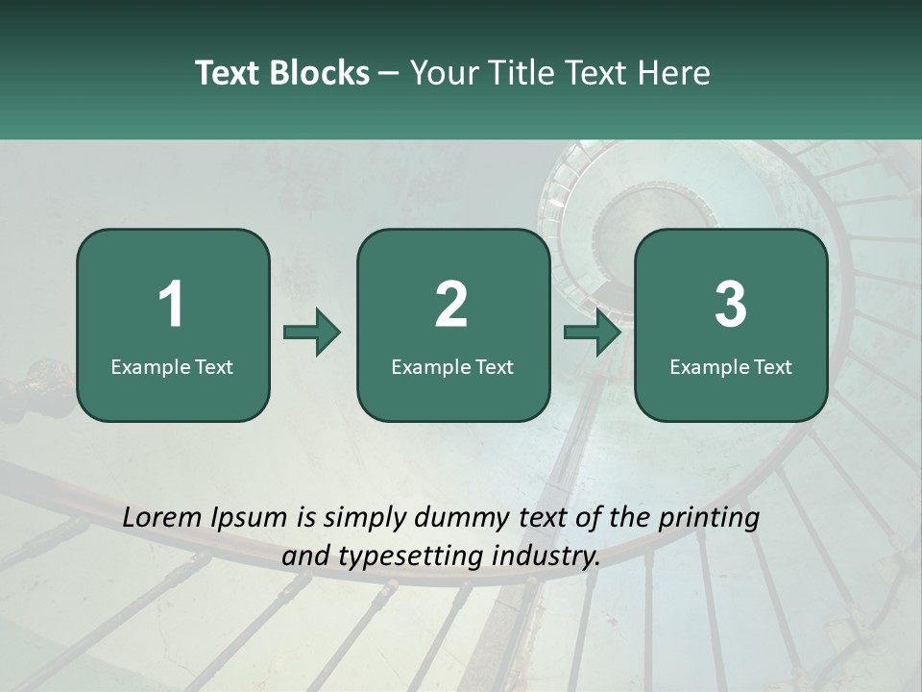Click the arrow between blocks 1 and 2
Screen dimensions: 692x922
(312, 334)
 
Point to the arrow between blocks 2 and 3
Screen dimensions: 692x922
(593, 334)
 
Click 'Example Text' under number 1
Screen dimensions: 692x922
(172, 366)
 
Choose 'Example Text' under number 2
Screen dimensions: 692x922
(452, 366)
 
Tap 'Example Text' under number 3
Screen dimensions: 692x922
(731, 366)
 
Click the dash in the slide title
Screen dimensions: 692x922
(389, 74)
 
